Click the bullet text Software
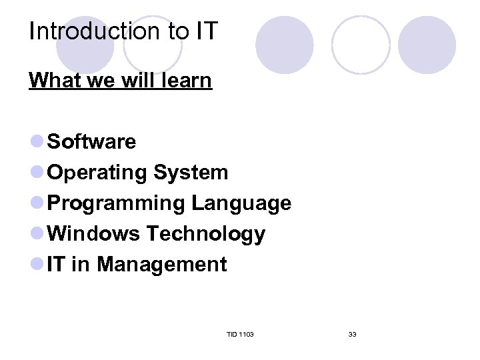[92, 142]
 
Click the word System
[191, 173]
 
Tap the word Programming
[117, 204]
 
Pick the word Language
[241, 203]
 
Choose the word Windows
[94, 234]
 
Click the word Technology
[205, 235]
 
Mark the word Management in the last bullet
[162, 265]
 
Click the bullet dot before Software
[37, 141]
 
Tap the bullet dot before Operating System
[37, 172]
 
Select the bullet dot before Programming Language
[37, 203]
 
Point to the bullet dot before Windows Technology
[37, 233]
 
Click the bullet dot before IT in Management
[37, 264]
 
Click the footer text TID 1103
[240, 334]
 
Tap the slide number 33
[352, 334]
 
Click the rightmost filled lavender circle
[427, 45]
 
